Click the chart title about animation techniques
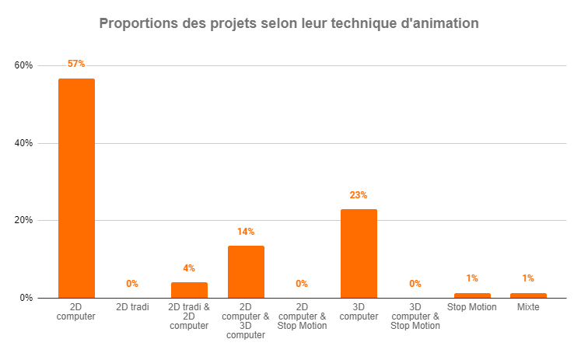point(289,24)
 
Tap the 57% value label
point(76,64)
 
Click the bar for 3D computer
point(359,253)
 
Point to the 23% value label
point(359,195)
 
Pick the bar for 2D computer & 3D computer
point(246,271)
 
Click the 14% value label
point(246,232)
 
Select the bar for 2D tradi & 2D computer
point(189,290)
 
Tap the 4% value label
point(189,268)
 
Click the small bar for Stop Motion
point(472,295)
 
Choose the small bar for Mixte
point(528,295)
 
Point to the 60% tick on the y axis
point(23,65)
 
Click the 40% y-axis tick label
point(23,143)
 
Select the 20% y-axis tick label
point(23,220)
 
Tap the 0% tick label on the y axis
point(26,298)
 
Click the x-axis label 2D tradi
point(132,307)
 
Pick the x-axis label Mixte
point(528,307)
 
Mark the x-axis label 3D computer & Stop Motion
point(415,316)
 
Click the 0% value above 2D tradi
point(132,284)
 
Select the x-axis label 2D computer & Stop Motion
point(302,316)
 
